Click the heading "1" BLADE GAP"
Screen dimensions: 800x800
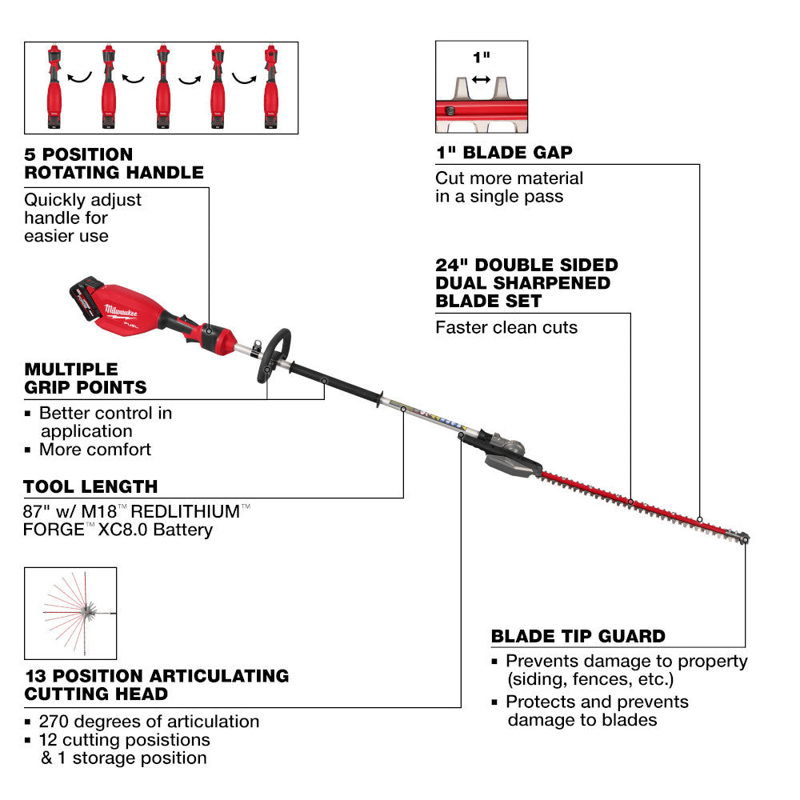(x=504, y=152)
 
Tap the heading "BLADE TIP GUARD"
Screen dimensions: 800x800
(x=578, y=637)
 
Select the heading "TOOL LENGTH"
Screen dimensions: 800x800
(x=90, y=486)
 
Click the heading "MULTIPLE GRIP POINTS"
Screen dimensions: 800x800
(x=86, y=378)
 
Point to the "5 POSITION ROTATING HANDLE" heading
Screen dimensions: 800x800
(x=114, y=162)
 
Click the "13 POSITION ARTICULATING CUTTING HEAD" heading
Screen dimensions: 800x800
(x=156, y=684)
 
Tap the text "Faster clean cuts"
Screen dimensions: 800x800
(x=506, y=327)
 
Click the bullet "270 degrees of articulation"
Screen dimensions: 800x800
(x=150, y=722)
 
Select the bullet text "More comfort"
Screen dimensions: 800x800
(x=94, y=450)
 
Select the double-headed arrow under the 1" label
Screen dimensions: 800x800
(x=481, y=79)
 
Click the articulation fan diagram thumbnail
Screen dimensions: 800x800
(x=70, y=613)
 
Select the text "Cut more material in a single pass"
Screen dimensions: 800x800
(x=509, y=187)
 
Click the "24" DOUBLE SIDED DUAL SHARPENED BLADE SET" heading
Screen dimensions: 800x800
(x=526, y=283)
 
